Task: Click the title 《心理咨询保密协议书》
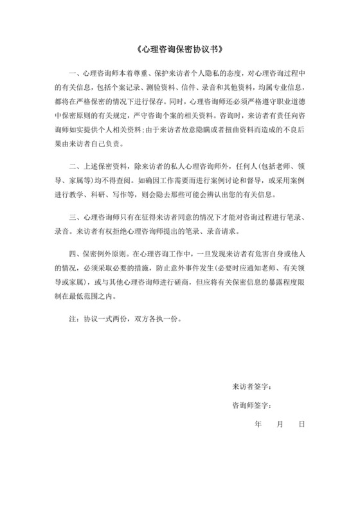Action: [x=179, y=50]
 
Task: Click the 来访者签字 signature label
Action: [x=251, y=388]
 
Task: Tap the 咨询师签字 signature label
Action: [x=251, y=406]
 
